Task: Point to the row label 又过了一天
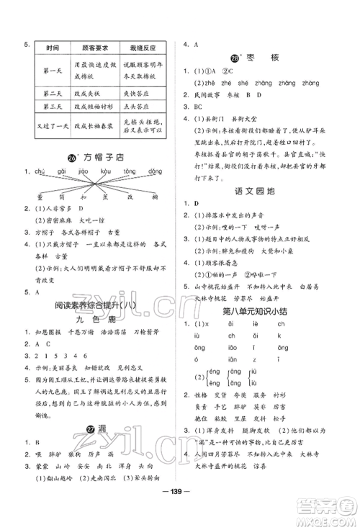pyautogui.click(x=53, y=127)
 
